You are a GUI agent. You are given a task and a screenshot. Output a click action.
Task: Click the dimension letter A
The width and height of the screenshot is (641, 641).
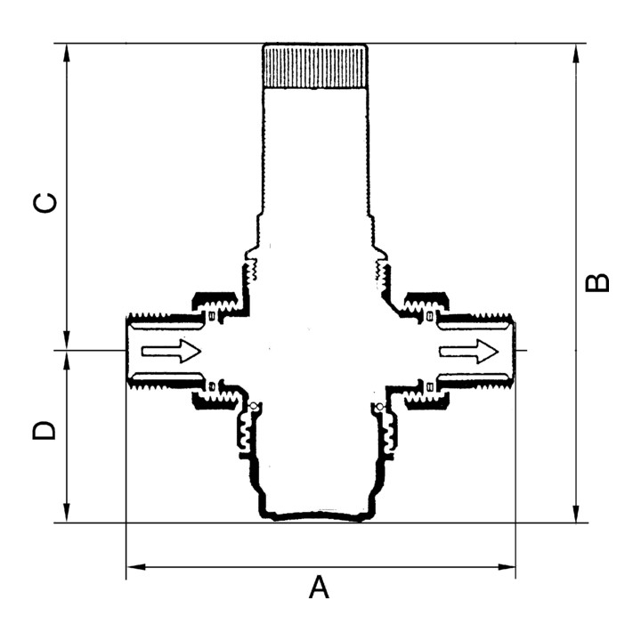[x=319, y=587]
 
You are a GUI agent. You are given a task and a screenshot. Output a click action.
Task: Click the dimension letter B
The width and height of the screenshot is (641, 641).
[x=597, y=282]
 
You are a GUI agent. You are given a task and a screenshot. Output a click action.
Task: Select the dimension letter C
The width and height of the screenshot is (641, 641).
[x=45, y=203]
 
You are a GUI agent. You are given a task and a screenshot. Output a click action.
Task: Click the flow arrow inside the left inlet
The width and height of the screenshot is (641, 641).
[x=171, y=351]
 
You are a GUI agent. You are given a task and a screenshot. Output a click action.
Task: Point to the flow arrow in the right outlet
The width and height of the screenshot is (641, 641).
[x=469, y=351]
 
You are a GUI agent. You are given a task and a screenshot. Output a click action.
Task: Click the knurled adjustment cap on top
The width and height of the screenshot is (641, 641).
[x=315, y=66]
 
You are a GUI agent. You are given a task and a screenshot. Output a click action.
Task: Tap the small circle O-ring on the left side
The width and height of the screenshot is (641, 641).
[x=254, y=406]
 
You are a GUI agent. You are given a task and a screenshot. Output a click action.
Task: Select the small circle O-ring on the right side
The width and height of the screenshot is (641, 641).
[x=380, y=407]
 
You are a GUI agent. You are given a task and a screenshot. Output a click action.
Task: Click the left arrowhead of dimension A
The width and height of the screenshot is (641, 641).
[x=136, y=567]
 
